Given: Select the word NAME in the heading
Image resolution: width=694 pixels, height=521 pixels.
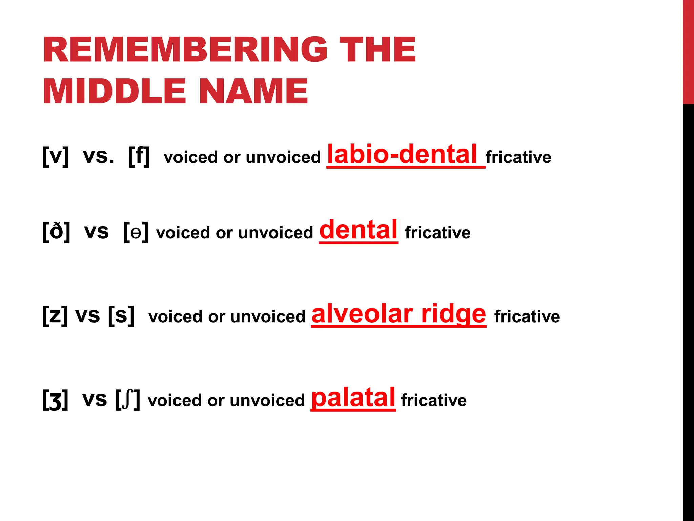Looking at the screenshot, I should coord(253,91).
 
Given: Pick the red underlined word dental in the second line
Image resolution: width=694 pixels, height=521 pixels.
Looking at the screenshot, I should coord(358,230).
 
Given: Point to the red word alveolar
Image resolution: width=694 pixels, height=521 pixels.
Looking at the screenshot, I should coord(362,314).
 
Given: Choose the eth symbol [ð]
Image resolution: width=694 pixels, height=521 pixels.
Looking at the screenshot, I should coord(56,232).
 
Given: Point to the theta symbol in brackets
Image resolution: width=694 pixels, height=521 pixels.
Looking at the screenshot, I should coord(136,233).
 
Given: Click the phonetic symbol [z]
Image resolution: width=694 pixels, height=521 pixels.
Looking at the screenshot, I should coord(55,316).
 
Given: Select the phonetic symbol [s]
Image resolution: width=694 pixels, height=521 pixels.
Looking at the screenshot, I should coord(121,316).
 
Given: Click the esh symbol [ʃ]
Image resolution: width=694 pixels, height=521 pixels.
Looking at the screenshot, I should coord(127,400).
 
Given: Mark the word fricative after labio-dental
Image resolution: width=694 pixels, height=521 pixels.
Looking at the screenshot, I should coord(518,157).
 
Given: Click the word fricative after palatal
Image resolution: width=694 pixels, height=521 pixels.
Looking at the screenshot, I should coord(433,400).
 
